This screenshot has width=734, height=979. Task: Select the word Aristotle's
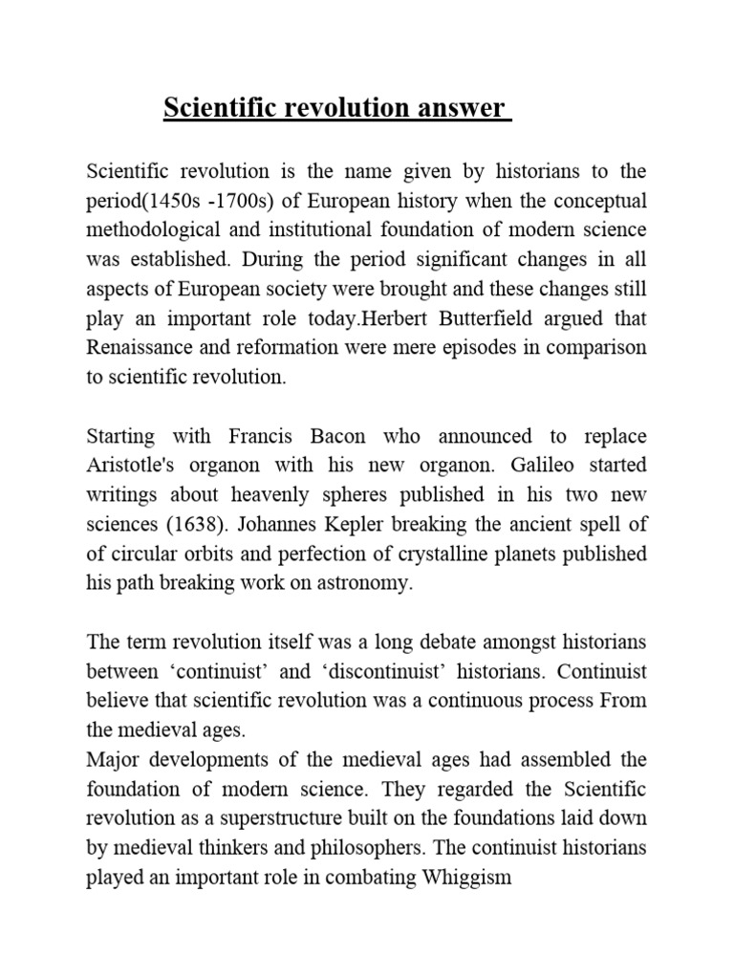pyautogui.click(x=140, y=466)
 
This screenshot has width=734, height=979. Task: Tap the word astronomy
pyautogui.click(x=364, y=583)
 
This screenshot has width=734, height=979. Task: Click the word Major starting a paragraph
pyautogui.click(x=113, y=759)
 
